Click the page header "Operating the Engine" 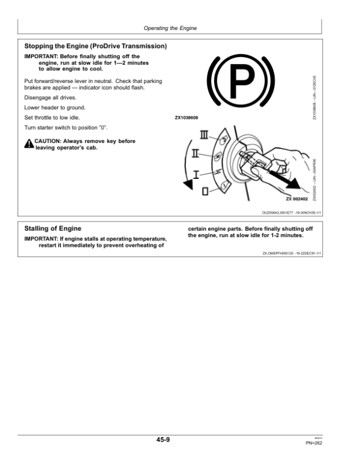pos(170,28)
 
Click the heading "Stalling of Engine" pos(52,229)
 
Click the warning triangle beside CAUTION pos(28,144)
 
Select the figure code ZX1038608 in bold pos(186,118)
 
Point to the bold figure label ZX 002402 pos(296,199)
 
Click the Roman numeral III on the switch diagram pos(204,134)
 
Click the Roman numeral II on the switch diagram pos(196,154)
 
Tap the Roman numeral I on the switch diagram pos(196,174)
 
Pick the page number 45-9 pos(163,440)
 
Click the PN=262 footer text pos(314,443)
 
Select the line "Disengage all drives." pos(50,97)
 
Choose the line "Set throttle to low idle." pos(52,118)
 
